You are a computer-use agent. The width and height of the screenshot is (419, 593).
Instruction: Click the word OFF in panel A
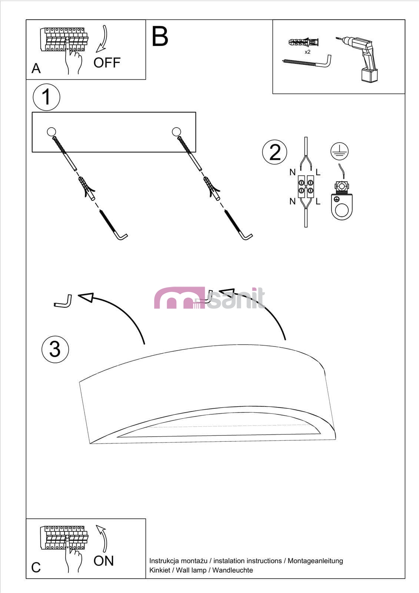click(107, 63)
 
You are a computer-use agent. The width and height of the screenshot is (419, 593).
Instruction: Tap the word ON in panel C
click(103, 561)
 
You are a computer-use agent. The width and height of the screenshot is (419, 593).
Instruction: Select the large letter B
click(160, 36)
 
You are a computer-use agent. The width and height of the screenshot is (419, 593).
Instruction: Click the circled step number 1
click(46, 97)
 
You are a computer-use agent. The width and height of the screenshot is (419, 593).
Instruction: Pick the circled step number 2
click(275, 152)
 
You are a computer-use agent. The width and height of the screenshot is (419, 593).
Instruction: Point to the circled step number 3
click(55, 349)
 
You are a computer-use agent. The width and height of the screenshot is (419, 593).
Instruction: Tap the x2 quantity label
click(307, 52)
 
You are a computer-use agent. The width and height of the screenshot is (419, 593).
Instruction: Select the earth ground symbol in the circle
click(339, 151)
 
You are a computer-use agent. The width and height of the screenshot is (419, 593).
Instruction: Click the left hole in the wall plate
click(51, 132)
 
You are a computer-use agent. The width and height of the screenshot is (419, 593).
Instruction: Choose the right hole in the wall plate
click(176, 132)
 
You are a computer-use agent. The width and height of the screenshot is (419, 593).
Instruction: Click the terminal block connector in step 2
click(306, 186)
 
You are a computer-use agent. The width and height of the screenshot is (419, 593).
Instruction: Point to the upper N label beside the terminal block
click(292, 172)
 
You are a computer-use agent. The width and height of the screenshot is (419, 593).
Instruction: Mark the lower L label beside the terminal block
click(318, 202)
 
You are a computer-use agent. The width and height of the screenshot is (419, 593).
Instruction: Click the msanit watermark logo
click(209, 298)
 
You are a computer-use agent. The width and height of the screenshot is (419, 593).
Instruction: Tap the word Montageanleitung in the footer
click(315, 561)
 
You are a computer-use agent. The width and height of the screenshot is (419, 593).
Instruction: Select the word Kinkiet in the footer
click(160, 570)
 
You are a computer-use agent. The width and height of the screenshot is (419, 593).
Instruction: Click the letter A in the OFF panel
click(36, 68)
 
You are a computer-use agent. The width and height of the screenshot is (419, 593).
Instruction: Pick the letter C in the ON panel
click(36, 567)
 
